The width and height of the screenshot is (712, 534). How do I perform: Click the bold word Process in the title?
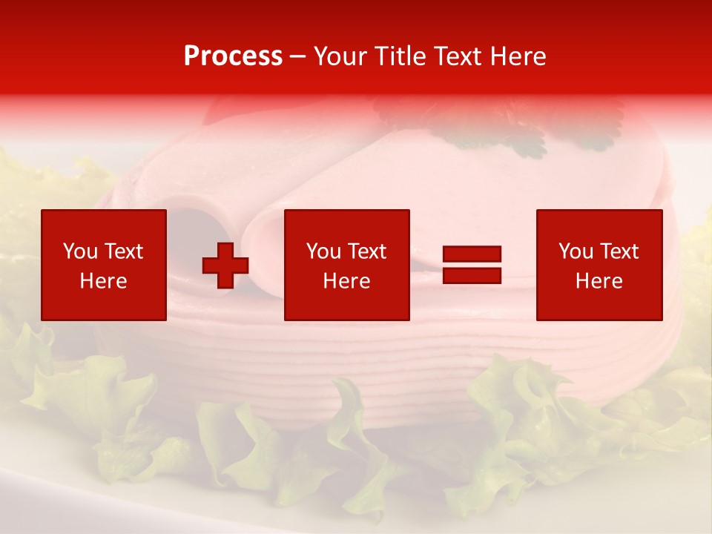[x=233, y=56]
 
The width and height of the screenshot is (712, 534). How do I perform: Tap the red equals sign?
[x=472, y=265]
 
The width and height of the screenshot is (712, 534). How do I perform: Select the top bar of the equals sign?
[x=472, y=254]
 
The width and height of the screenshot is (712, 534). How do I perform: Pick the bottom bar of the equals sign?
[x=472, y=275]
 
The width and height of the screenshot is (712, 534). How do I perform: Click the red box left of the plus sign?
[x=103, y=265]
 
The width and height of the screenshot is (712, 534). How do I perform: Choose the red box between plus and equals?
[x=346, y=265]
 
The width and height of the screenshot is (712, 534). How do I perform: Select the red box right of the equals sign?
[x=599, y=265]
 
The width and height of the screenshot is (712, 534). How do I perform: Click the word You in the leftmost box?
[x=80, y=251]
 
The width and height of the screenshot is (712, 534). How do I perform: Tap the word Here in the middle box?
[x=346, y=281]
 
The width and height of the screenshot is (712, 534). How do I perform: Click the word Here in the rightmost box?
[x=599, y=281]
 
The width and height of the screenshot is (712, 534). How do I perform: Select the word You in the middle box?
[x=323, y=251]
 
